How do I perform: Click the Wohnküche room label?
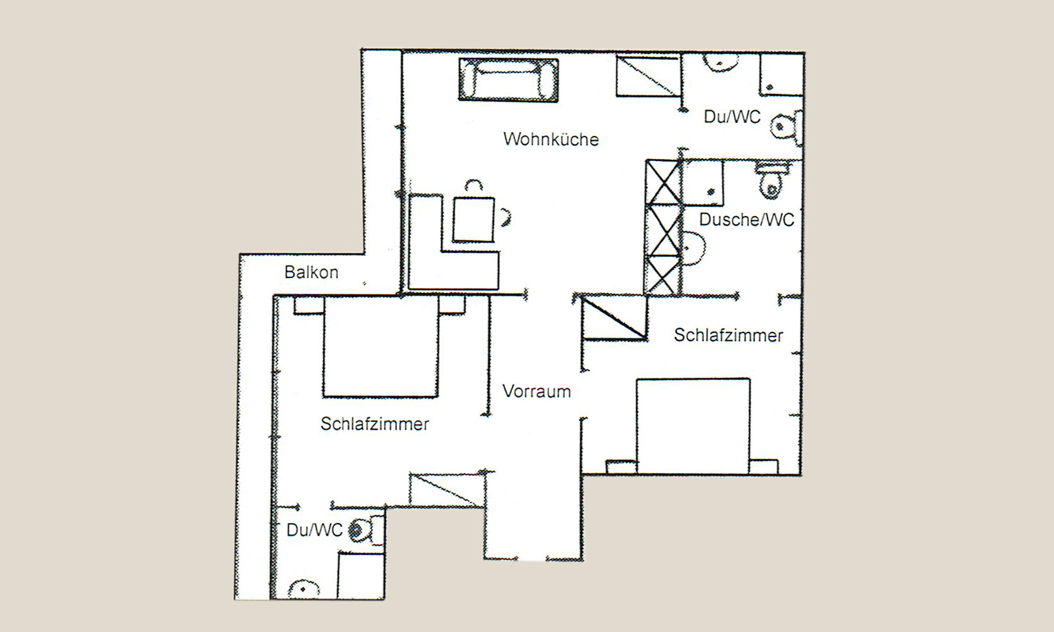pos(551,139)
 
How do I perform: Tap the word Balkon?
pos(311,272)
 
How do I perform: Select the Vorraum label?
pos(536,392)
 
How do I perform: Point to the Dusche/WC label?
pos(746,219)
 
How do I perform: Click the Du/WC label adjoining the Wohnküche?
pos(732,117)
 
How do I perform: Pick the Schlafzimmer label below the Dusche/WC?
pos(728,335)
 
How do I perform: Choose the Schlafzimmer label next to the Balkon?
pos(375,424)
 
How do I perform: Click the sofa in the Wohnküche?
pos(509,79)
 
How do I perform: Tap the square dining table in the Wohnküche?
pos(473,219)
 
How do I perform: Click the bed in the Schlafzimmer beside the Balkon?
pos(380,348)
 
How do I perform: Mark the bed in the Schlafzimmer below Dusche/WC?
pos(693,426)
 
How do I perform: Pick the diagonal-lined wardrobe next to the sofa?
pos(647,76)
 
